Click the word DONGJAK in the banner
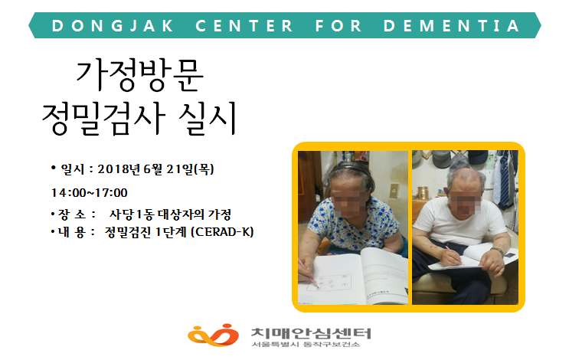pyautogui.click(x=113, y=26)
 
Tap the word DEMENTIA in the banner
pyautogui.click(x=451, y=26)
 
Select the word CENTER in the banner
pyautogui.click(x=244, y=26)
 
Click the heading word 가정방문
pyautogui.click(x=139, y=75)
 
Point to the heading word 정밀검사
pyautogui.click(x=104, y=118)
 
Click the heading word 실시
pyautogui.click(x=208, y=118)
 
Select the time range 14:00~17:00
pyautogui.click(x=90, y=193)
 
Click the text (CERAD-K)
pyautogui.click(x=222, y=232)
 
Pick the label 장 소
pyautogui.click(x=72, y=214)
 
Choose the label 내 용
pyautogui.click(x=72, y=232)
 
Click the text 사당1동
pyautogui.click(x=132, y=214)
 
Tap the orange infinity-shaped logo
pyautogui.click(x=213, y=335)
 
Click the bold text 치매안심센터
pyautogui.click(x=311, y=332)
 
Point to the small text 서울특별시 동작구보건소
pyautogui.click(x=306, y=344)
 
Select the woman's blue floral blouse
pyautogui.click(x=354, y=226)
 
